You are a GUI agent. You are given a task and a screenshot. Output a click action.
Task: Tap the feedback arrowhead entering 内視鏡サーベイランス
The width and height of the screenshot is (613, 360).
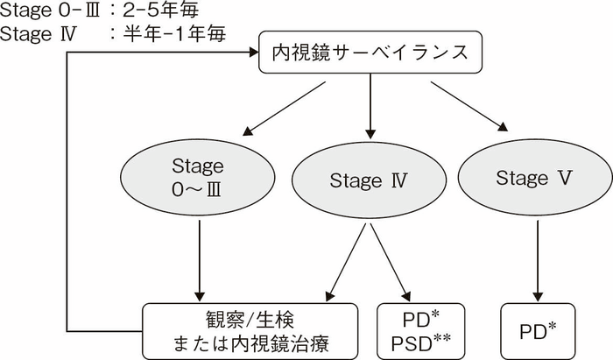pos(250,53)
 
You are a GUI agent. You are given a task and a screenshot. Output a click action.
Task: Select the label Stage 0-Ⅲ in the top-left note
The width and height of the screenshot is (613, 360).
pos(42,11)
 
